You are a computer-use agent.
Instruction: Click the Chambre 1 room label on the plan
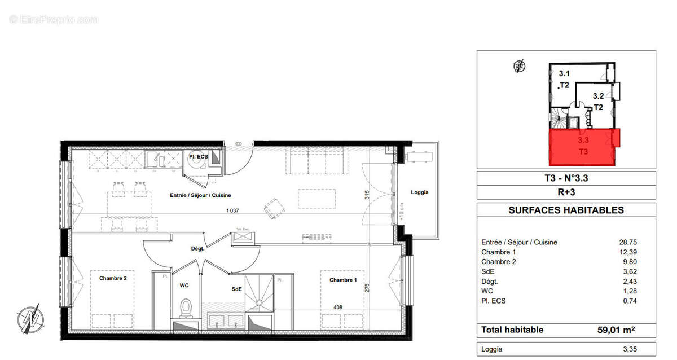[343, 280]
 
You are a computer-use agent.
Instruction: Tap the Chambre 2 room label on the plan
[113, 278]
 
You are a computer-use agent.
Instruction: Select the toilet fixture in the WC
[184, 308]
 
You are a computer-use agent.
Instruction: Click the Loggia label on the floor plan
[419, 192]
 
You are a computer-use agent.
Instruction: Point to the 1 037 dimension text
[233, 210]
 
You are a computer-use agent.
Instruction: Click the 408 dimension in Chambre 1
[338, 308]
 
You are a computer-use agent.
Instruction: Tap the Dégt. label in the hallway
[196, 248]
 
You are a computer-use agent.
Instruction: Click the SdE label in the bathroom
[236, 289]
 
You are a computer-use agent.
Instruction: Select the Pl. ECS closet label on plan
[199, 156]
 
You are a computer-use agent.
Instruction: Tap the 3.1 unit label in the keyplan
[564, 73]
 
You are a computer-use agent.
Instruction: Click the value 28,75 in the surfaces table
[627, 242]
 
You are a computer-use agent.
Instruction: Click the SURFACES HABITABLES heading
[566, 210]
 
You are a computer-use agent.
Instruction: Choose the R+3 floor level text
[566, 192]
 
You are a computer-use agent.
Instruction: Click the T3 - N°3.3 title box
[566, 178]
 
